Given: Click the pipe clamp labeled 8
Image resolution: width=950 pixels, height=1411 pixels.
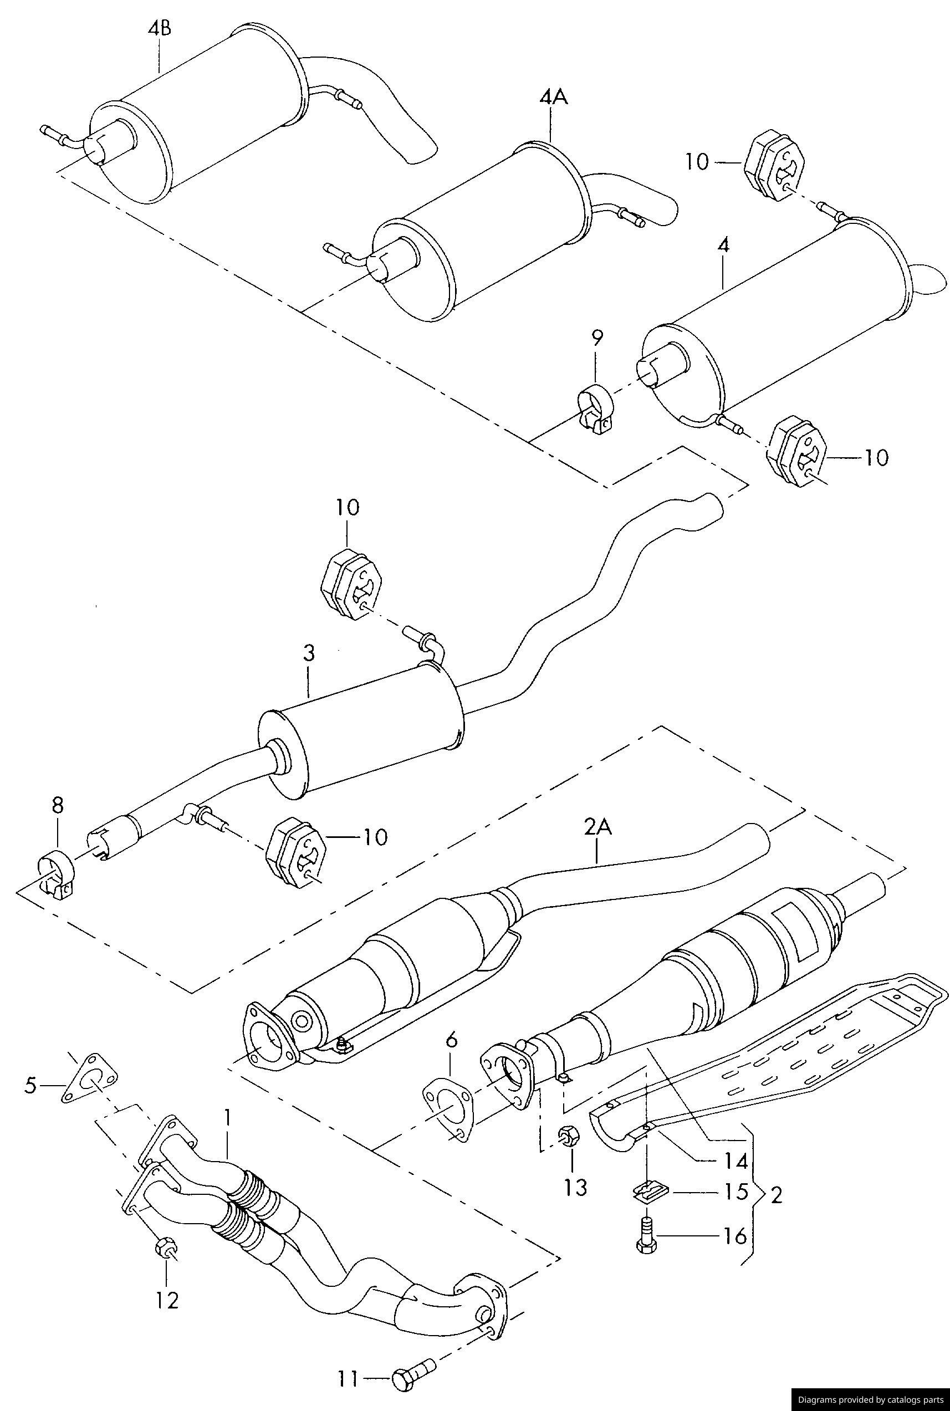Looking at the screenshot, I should tap(57, 878).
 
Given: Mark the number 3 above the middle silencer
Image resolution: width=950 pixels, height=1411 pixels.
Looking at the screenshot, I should tap(308, 654).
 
